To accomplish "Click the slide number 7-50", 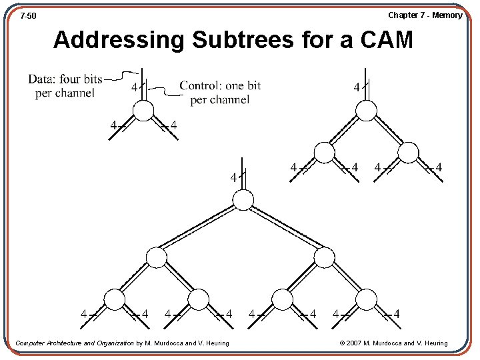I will pyautogui.click(x=28, y=15).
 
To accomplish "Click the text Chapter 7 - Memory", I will pyautogui.click(x=425, y=15).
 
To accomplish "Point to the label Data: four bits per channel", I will pyautogui.click(x=65, y=86).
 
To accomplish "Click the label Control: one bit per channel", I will pyautogui.click(x=220, y=93).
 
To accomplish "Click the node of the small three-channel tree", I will pyautogui.click(x=143, y=111).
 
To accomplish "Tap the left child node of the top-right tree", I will pyautogui.click(x=324, y=153).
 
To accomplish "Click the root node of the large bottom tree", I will pyautogui.click(x=243, y=199).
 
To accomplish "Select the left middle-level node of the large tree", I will pyautogui.click(x=157, y=257).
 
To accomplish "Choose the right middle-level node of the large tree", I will pyautogui.click(x=324, y=257).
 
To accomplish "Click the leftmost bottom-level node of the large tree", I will pyautogui.click(x=115, y=300).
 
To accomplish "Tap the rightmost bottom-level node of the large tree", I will pyautogui.click(x=367, y=300).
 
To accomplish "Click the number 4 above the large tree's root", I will pyautogui.click(x=233, y=178).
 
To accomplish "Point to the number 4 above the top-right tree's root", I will pyautogui.click(x=356, y=87).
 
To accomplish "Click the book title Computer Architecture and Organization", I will pyautogui.click(x=75, y=343).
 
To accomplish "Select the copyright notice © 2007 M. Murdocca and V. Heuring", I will pyautogui.click(x=393, y=343).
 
